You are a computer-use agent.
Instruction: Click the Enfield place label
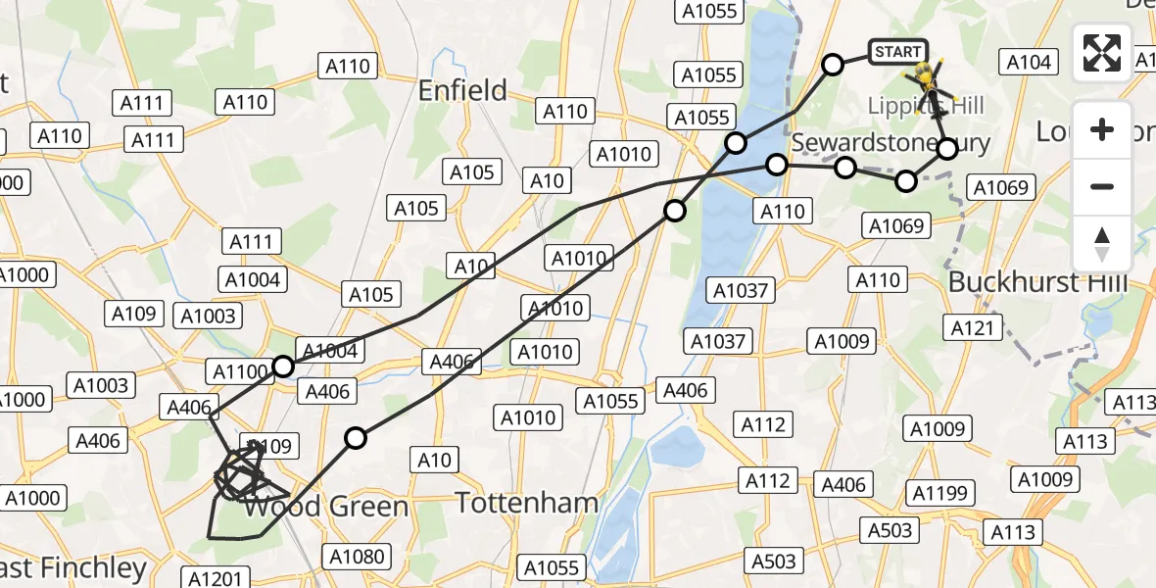click(x=462, y=91)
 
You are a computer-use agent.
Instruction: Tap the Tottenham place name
click(x=527, y=504)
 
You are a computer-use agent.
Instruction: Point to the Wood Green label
click(x=325, y=507)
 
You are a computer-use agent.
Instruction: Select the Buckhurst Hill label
click(x=1038, y=283)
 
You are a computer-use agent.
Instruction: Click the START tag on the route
click(x=896, y=52)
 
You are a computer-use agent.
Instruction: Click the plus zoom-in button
click(x=1102, y=129)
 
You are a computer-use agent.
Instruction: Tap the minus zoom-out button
click(x=1102, y=186)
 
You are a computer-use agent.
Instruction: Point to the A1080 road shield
click(x=357, y=557)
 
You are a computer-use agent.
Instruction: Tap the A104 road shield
click(x=1029, y=63)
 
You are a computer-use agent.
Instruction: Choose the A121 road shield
click(x=973, y=327)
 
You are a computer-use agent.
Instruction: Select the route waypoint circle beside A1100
click(x=283, y=367)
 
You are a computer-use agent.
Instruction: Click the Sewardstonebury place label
click(x=890, y=143)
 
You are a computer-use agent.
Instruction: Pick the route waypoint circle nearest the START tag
click(x=832, y=65)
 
